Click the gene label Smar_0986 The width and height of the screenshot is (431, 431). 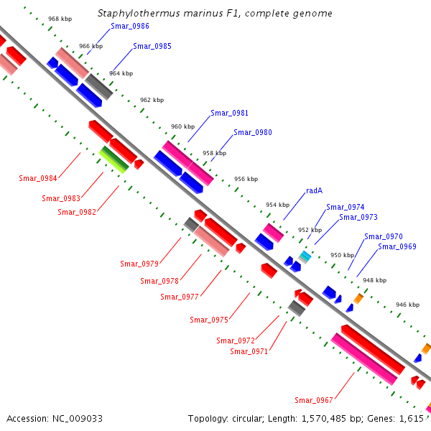(130, 26)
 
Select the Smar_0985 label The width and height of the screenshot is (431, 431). (152, 46)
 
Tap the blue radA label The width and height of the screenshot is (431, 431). (314, 190)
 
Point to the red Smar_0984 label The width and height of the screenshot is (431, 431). (38, 178)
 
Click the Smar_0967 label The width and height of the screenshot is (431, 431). (314, 400)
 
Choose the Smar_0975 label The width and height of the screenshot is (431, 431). (209, 320)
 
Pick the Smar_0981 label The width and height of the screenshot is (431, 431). (230, 113)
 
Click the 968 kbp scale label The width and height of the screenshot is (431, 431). (60, 19)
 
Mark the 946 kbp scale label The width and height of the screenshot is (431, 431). (407, 305)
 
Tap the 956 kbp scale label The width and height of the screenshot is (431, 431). (245, 179)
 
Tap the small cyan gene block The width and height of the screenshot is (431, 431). (305, 255)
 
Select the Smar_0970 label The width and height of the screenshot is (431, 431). (383, 236)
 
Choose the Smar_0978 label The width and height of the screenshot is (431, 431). (159, 281)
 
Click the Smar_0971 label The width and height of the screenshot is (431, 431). (249, 351)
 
